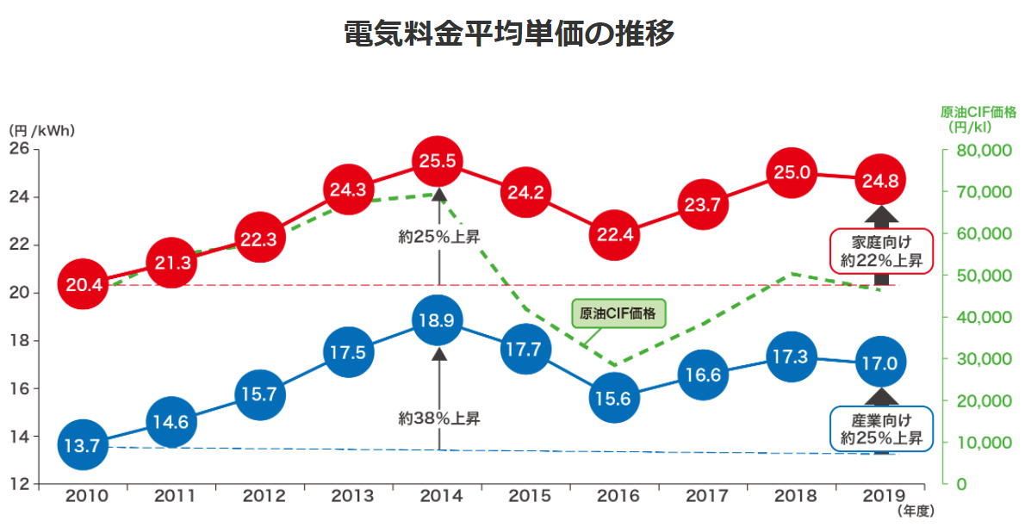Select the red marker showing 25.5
[x=438, y=161]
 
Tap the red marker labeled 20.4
[x=84, y=283]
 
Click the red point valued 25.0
[x=792, y=172]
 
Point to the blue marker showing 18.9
[x=438, y=320]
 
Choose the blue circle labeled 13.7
[x=84, y=445]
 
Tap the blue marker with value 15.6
[x=614, y=398]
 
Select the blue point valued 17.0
[x=880, y=363]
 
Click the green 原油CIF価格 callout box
[x=618, y=314]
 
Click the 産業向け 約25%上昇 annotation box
[x=881, y=429]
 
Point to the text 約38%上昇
[x=439, y=419]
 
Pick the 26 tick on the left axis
[x=19, y=149]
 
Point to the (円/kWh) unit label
[x=42, y=131]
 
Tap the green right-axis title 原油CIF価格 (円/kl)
[x=977, y=120]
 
